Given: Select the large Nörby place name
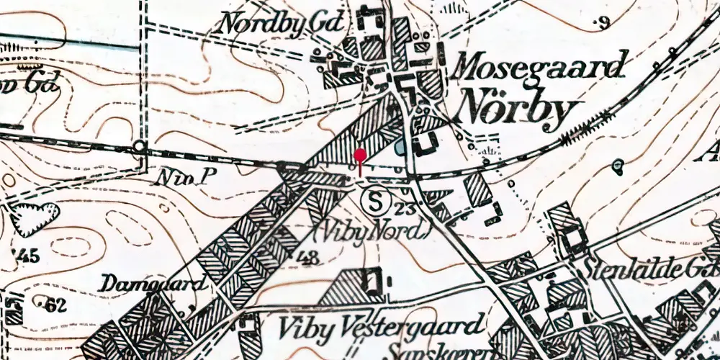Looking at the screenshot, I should (x=518, y=110).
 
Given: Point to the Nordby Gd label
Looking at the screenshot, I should (x=271, y=22).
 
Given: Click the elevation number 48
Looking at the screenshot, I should (x=307, y=258).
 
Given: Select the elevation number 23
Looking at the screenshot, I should (x=405, y=210).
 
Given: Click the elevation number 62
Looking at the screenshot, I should (x=55, y=305).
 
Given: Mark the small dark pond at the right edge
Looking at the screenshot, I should (x=618, y=166).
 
